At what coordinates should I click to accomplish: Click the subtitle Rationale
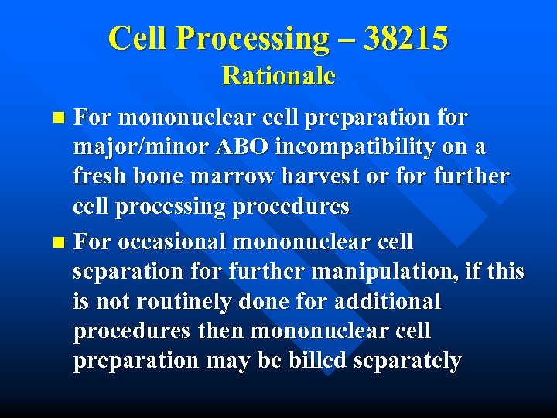[x=278, y=76]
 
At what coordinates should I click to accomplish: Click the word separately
[x=411, y=361]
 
